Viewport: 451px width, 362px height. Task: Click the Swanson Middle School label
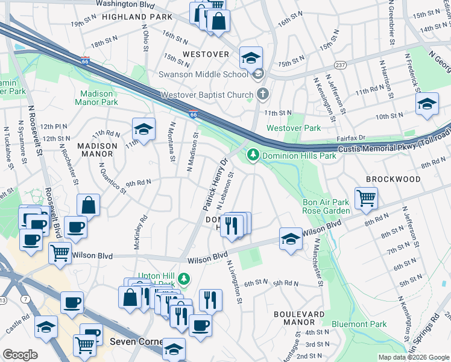click(x=203, y=74)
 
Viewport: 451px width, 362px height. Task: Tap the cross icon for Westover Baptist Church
click(x=262, y=94)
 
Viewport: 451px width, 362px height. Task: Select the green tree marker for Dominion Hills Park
click(x=253, y=156)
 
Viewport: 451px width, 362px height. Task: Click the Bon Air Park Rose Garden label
click(x=326, y=206)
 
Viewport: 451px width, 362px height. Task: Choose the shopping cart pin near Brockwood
click(x=366, y=198)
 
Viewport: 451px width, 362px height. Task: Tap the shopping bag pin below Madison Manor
click(x=89, y=206)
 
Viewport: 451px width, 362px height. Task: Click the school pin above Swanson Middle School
click(x=251, y=59)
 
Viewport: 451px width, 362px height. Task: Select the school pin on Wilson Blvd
click(x=291, y=239)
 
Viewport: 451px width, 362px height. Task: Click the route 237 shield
click(x=341, y=65)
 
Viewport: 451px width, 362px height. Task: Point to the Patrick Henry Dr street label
click(x=214, y=185)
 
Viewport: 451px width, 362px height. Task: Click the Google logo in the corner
click(x=20, y=354)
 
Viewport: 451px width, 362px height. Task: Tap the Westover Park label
click(x=294, y=128)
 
